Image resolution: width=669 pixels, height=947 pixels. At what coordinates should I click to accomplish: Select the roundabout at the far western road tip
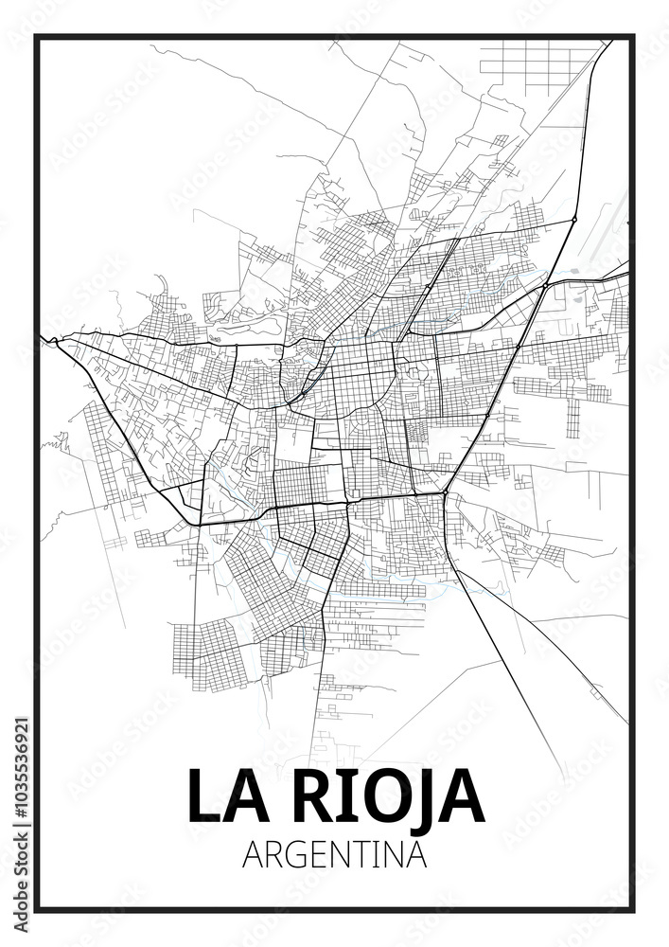click(x=55, y=339)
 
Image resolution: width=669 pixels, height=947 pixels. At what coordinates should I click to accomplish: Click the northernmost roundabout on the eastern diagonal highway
click(x=573, y=220)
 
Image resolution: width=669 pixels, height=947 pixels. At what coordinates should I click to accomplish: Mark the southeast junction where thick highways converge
click(x=444, y=493)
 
